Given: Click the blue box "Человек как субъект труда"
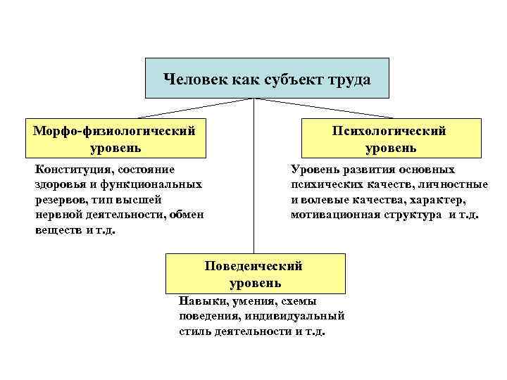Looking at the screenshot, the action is [x=267, y=78].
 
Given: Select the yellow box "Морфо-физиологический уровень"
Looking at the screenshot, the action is [x=115, y=139].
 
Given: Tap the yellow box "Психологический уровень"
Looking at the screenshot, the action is [x=391, y=139].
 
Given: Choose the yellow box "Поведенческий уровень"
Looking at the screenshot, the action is [x=256, y=274].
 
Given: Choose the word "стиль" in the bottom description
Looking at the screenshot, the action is [x=195, y=331].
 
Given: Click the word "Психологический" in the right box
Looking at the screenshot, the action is [x=391, y=131].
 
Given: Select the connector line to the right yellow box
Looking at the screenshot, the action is [x=324, y=108].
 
